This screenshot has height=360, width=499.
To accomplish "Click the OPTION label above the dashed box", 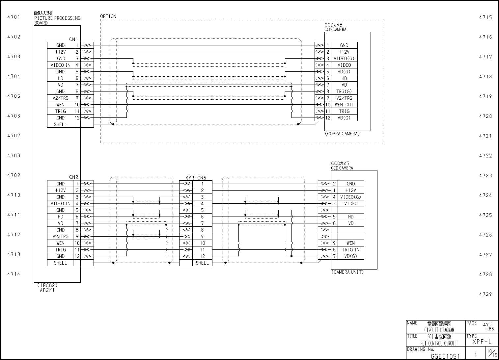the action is coord(108,16).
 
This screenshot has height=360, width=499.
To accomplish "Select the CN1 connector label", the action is coord(73,39).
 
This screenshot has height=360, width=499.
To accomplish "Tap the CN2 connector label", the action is coord(73,177).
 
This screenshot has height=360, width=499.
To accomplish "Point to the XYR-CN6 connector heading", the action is coord(196,178).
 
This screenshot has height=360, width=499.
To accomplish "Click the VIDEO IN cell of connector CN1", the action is coord(60,65).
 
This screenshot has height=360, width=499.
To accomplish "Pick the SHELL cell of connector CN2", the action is coord(60,263).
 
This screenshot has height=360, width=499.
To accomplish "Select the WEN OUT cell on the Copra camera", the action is coord(344,105).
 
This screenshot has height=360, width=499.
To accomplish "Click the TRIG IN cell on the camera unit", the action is coord(351,250).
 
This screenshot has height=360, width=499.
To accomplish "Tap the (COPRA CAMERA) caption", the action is coord(342,134).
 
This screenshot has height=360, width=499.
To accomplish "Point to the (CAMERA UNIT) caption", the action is coord(347,272).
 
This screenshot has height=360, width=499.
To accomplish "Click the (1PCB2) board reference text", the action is coord(47,285).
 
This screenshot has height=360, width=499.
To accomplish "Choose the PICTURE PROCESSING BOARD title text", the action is coord(57,20).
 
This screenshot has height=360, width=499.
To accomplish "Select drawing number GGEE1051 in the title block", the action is coord(445,356).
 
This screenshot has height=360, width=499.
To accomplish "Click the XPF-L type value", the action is coord(482,342).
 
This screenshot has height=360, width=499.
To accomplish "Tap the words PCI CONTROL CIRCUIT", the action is coord(439,343).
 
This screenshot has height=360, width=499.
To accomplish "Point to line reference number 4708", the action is coord(14,155).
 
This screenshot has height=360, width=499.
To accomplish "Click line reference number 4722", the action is coord(485,156).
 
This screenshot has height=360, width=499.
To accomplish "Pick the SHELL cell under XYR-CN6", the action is coord(202,263).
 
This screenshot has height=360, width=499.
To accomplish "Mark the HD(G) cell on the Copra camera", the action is coord(344,72).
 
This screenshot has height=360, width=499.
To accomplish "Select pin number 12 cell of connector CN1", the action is coord(77,118).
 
